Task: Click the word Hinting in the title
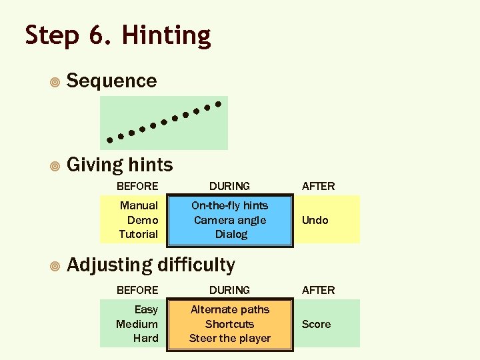(x=167, y=36)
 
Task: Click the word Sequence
(x=112, y=81)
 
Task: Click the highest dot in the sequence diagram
(x=217, y=103)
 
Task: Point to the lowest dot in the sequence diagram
(x=110, y=140)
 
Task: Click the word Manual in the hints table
(x=139, y=205)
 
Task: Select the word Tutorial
(x=138, y=234)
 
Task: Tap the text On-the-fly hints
(x=229, y=205)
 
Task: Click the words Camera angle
(x=229, y=220)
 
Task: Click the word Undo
(x=315, y=220)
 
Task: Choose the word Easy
(x=146, y=309)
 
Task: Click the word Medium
(x=137, y=324)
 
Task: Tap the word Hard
(x=145, y=338)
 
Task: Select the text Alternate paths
(x=229, y=309)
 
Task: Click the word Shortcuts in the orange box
(x=229, y=324)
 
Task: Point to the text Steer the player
(x=229, y=338)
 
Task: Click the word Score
(x=316, y=324)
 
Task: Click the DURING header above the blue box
(x=229, y=186)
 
